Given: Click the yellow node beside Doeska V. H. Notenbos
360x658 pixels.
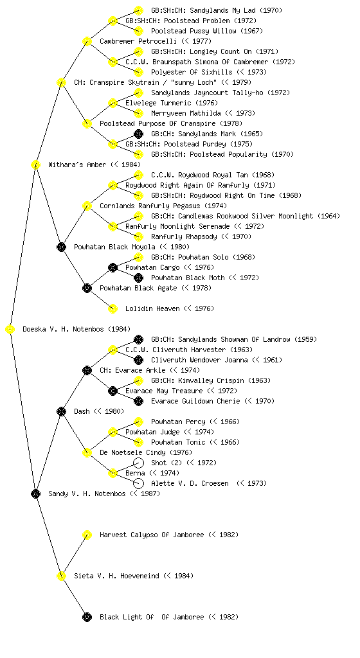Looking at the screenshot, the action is coord(10,330).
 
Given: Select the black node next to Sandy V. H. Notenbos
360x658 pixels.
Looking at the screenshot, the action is coord(35,494).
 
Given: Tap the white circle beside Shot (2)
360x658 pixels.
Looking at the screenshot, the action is coord(138,463).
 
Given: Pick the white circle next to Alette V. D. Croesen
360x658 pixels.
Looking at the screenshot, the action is coord(138,483).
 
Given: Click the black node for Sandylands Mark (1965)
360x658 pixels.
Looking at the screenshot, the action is coord(138,134).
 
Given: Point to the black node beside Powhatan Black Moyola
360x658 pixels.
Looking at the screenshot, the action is coord(61,247).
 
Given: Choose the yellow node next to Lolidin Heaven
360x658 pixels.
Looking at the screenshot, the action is coord(113,309).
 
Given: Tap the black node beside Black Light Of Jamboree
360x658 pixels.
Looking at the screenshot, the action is coord(87,618).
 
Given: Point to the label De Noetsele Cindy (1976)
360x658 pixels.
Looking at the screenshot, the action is coord(146,453).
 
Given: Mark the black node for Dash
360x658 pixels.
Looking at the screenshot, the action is coord(61,412).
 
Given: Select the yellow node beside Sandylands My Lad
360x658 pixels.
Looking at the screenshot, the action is coord(138,10).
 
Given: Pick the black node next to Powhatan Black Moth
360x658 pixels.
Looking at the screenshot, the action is coord(138,278).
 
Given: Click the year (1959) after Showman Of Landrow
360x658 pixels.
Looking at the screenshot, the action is coord(308,339).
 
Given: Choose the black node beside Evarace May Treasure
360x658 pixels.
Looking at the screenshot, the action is coord(113,391).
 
